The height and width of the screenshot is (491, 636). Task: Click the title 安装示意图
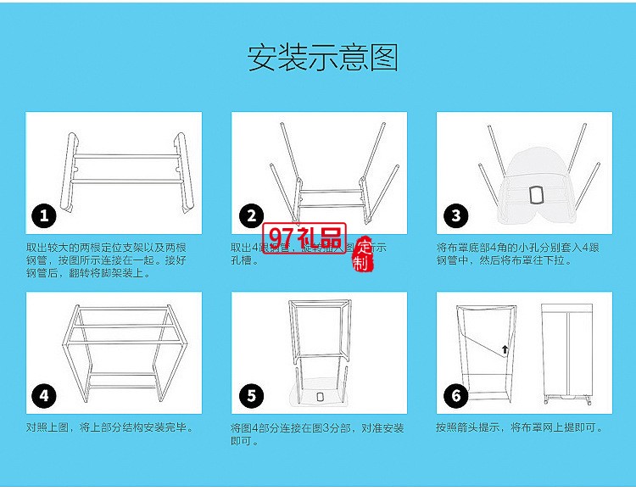click(x=322, y=58)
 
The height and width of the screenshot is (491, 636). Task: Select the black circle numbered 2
click(x=251, y=215)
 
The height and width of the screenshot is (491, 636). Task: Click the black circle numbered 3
click(x=456, y=215)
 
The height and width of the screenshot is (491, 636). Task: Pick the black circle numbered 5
click(x=251, y=395)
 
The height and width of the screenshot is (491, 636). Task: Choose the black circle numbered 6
click(x=456, y=395)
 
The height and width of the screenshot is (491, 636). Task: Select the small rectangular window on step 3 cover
click(x=535, y=194)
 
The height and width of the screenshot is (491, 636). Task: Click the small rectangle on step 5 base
click(x=320, y=398)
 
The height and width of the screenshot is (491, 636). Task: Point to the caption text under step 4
click(x=109, y=427)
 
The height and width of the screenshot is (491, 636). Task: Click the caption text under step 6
click(x=519, y=427)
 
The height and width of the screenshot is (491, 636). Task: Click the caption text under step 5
click(x=317, y=434)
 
